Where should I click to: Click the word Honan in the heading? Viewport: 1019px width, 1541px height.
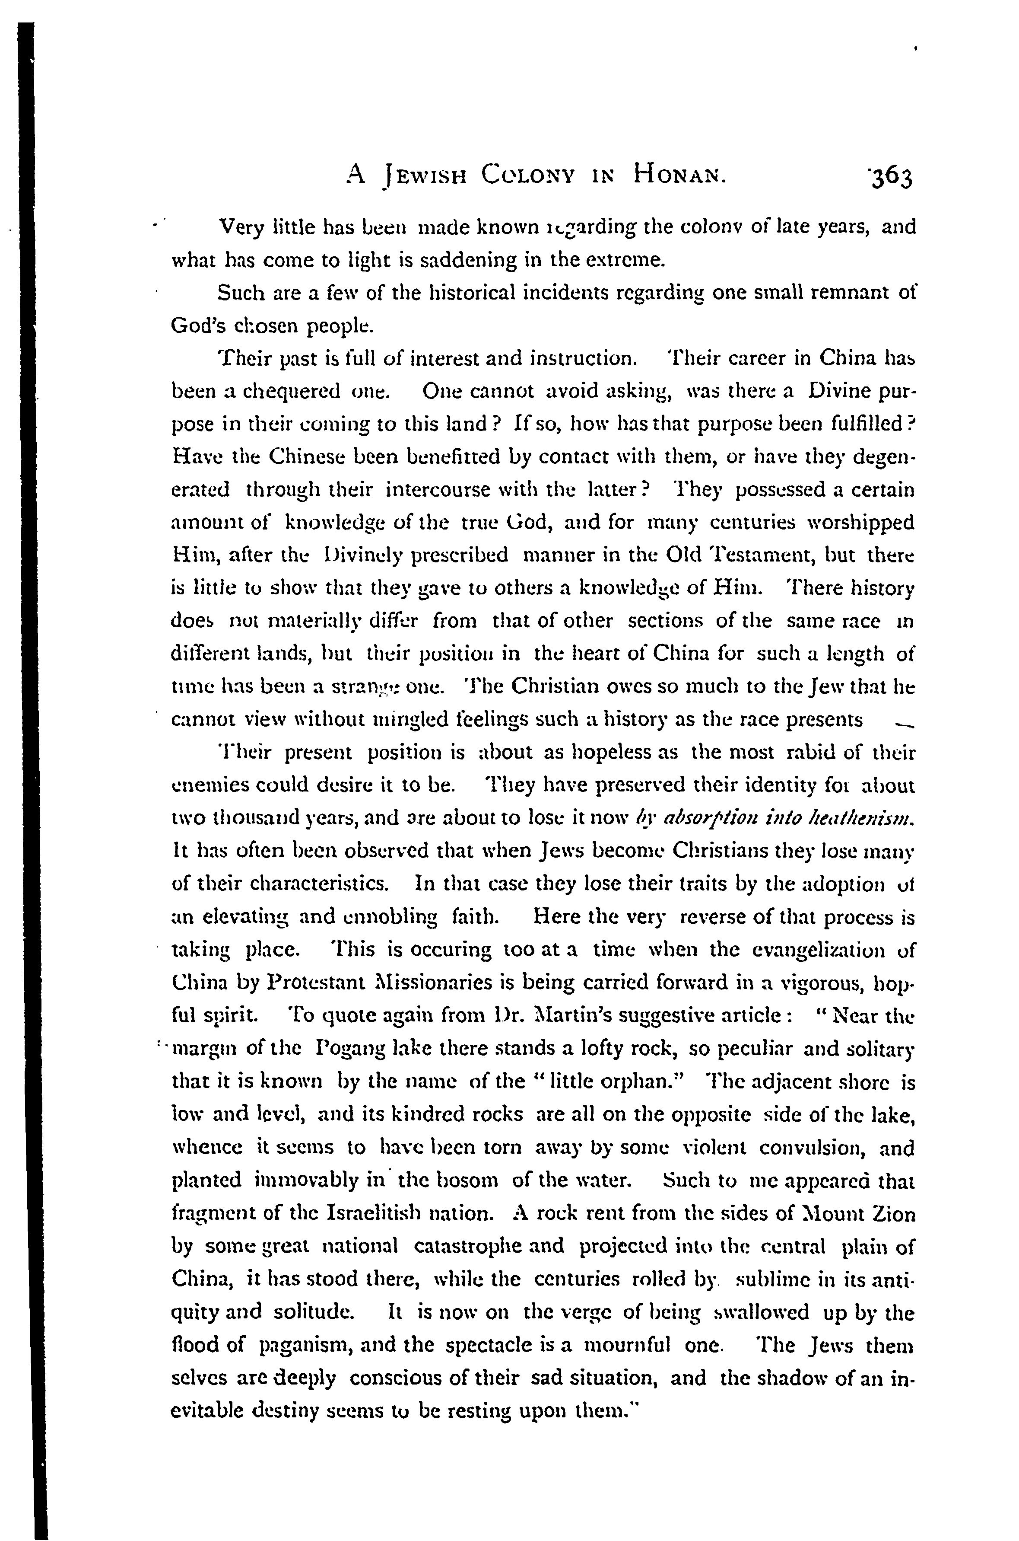coord(677,174)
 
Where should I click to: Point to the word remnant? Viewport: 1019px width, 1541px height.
coord(845,293)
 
